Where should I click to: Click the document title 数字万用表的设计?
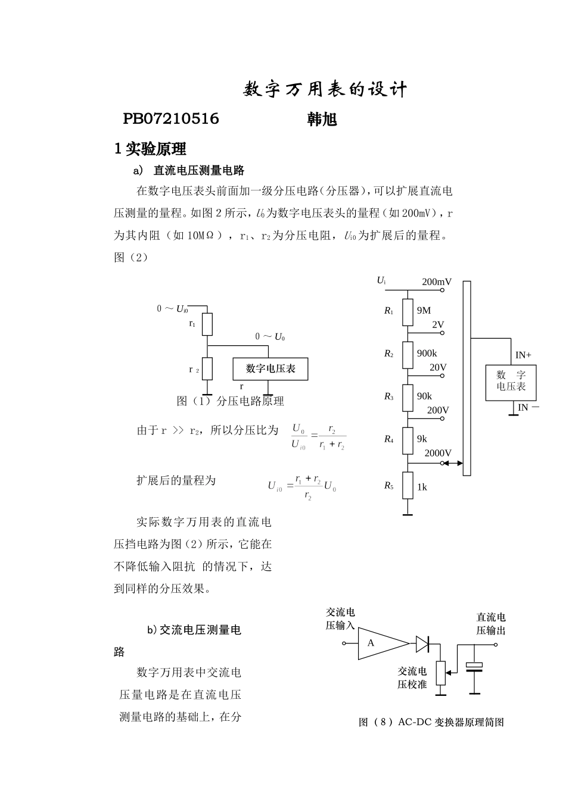tap(325, 89)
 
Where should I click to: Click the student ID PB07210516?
tap(171, 119)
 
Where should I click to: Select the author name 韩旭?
tap(322, 119)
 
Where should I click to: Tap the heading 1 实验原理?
tap(150, 149)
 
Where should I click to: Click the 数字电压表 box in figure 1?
tap(271, 369)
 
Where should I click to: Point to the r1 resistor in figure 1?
tap(207, 324)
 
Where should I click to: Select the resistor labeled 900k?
tap(408, 355)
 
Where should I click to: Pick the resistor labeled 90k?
tap(408, 398)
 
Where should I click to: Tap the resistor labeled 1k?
tap(408, 486)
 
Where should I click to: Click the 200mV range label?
tap(436, 282)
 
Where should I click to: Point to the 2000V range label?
tap(437, 453)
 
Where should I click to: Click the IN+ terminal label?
tap(523, 355)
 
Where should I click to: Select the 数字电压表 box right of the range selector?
tap(511, 382)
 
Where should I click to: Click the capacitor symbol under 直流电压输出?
tap(474, 668)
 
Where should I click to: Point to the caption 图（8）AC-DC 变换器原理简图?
tap(431, 722)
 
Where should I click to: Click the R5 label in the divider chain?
tap(388, 486)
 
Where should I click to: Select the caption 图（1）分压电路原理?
tap(230, 401)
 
